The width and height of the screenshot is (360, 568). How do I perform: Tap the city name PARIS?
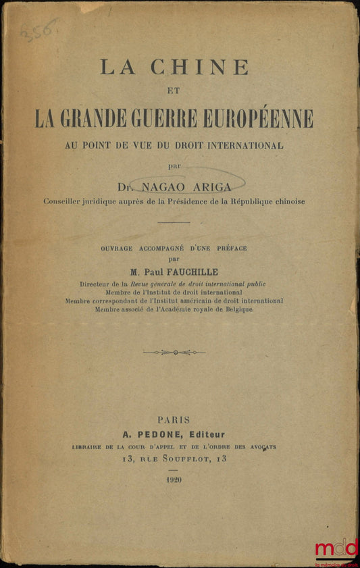174,419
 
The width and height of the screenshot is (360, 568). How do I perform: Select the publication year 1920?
174,479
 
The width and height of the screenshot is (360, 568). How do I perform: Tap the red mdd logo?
336,548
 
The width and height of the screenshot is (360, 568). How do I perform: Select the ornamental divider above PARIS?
174,352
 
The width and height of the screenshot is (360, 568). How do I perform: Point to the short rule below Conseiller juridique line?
174,222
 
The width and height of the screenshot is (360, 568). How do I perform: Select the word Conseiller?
64,201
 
